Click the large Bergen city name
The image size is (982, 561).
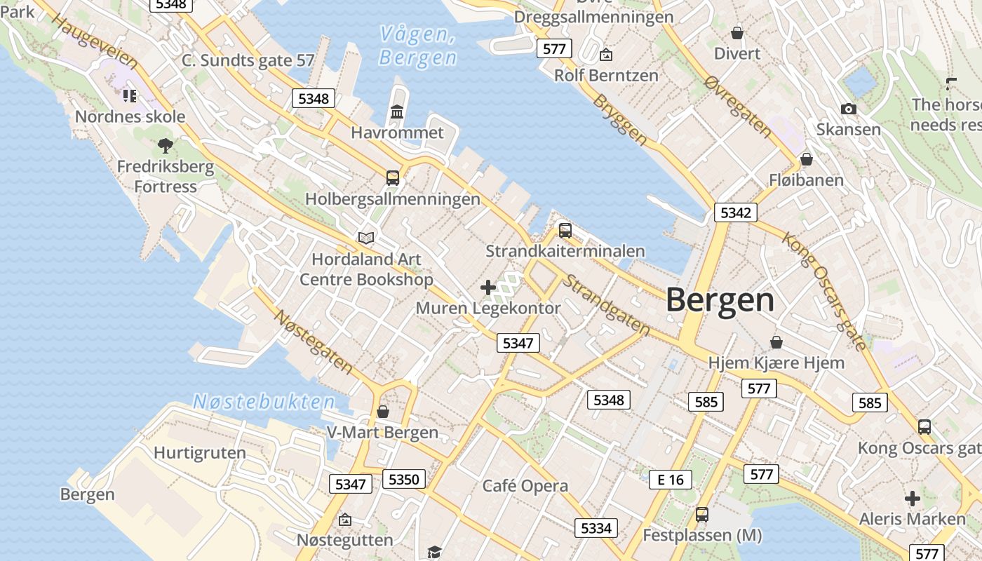(720, 300)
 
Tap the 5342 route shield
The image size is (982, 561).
(736, 212)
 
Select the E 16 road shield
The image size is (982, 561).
(670, 480)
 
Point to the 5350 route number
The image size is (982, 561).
(403, 480)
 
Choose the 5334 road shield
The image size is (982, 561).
(596, 528)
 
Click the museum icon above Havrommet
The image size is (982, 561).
(397, 112)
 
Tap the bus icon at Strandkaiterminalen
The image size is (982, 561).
(565, 230)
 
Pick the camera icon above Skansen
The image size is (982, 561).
(848, 109)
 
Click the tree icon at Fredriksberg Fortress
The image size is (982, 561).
(166, 146)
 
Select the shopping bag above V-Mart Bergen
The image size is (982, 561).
(382, 412)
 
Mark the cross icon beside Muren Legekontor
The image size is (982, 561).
(488, 288)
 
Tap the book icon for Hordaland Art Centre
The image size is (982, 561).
(366, 238)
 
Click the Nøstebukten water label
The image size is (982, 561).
(264, 402)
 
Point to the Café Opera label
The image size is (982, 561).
(525, 486)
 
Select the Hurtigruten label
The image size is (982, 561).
(200, 453)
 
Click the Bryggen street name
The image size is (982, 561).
(620, 120)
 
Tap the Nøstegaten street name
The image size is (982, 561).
(313, 342)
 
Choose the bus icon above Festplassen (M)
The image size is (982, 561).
(702, 515)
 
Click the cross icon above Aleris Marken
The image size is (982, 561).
(913, 499)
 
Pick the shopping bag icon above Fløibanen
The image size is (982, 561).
(807, 159)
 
